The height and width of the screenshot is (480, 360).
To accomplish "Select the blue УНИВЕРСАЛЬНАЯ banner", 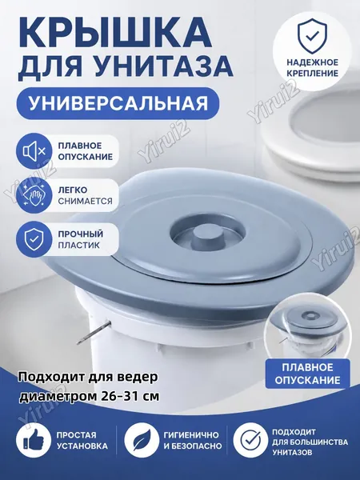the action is pyautogui.click(x=118, y=103).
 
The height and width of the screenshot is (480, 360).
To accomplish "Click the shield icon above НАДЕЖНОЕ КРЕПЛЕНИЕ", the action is pyautogui.click(x=312, y=35).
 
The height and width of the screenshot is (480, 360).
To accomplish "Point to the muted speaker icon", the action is pyautogui.click(x=34, y=151).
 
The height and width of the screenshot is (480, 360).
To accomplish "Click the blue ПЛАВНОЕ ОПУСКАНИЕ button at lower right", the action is pyautogui.click(x=307, y=374).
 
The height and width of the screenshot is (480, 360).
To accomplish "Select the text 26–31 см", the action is pyautogui.click(x=130, y=396).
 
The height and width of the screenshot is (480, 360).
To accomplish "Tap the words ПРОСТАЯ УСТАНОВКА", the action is pyautogui.click(x=82, y=441).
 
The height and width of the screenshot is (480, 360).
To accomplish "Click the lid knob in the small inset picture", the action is pyautogui.click(x=307, y=316).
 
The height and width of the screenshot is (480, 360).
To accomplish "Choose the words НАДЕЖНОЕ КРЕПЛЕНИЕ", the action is pyautogui.click(x=312, y=68).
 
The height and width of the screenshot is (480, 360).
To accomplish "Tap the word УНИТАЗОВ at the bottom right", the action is pyautogui.click(x=292, y=452).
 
